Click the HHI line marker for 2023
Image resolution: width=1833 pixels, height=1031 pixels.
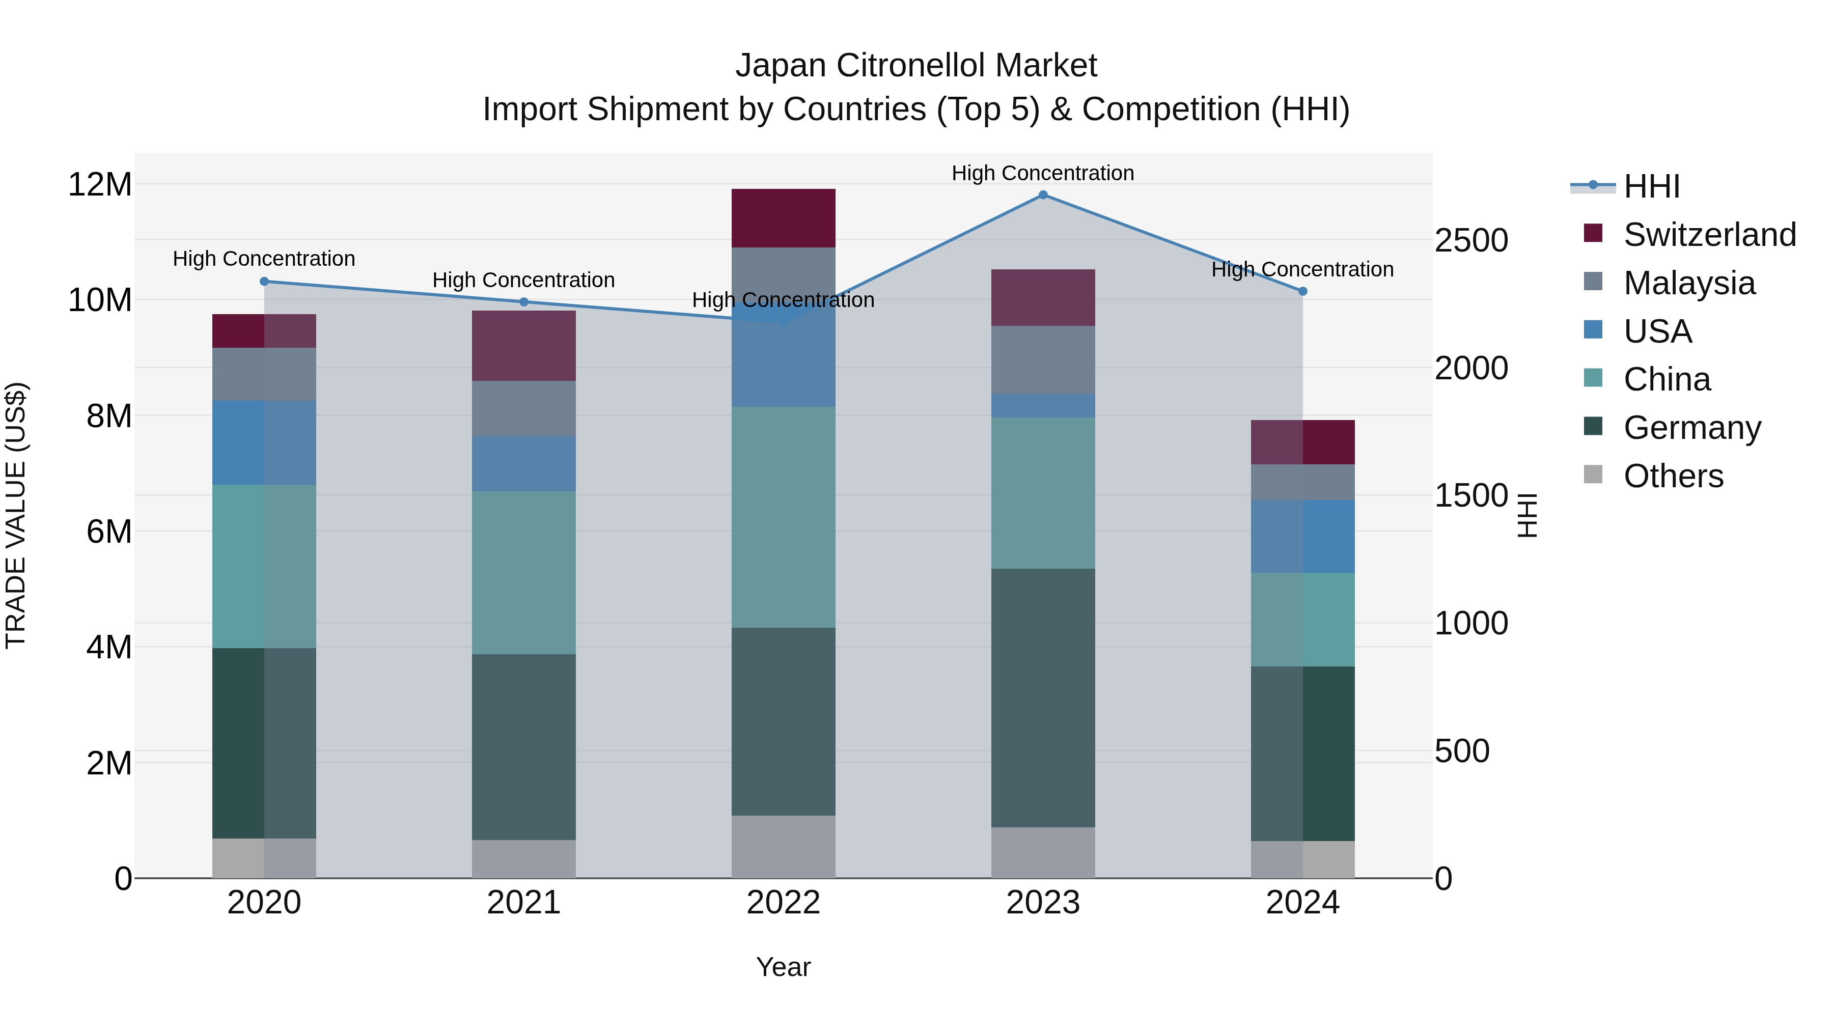pyautogui.click(x=1043, y=195)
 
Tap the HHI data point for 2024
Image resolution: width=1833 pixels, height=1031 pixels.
pyautogui.click(x=1303, y=291)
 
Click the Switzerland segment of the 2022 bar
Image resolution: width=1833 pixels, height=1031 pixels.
pyautogui.click(x=784, y=218)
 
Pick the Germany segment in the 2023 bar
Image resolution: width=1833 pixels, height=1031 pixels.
pyautogui.click(x=1043, y=698)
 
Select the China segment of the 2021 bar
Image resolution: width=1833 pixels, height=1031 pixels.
pyautogui.click(x=524, y=573)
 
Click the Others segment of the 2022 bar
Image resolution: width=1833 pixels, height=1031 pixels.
pyautogui.click(x=784, y=847)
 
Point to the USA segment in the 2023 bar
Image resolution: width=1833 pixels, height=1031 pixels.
pyautogui.click(x=1043, y=406)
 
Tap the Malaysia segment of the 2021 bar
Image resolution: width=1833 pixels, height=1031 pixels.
pyautogui.click(x=524, y=408)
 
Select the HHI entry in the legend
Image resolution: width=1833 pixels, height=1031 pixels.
pyautogui.click(x=1651, y=186)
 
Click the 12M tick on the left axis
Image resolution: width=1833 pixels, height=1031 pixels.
pyautogui.click(x=100, y=185)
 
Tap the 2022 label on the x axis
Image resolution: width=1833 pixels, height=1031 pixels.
pyautogui.click(x=784, y=903)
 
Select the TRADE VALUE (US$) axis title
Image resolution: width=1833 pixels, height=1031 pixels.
pyautogui.click(x=16, y=515)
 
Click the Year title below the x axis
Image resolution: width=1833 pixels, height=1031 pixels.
pyautogui.click(x=784, y=967)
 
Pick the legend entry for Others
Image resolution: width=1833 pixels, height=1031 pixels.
pyautogui.click(x=1672, y=476)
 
